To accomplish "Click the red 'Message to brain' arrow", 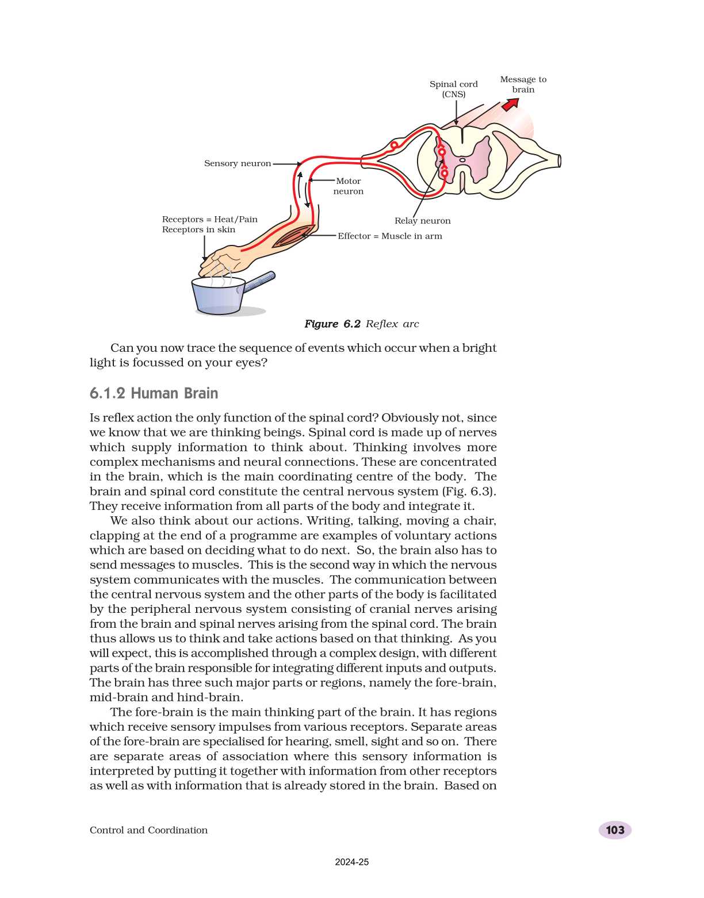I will [510, 104].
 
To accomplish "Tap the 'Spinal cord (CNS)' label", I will [453, 89].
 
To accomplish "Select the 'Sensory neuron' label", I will [237, 163].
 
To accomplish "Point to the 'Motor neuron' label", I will [348, 186].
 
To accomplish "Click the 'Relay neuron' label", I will [422, 221].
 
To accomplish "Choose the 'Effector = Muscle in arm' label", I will [389, 236].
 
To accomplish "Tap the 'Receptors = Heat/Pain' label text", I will [209, 219].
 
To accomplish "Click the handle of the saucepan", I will [258, 282].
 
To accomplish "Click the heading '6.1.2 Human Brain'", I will [154, 393].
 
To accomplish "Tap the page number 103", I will [615, 830].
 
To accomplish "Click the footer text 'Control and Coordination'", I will [148, 830].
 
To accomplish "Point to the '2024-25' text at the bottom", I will [352, 862].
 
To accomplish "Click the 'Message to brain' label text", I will [523, 84].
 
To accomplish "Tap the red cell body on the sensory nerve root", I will [394, 145].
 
